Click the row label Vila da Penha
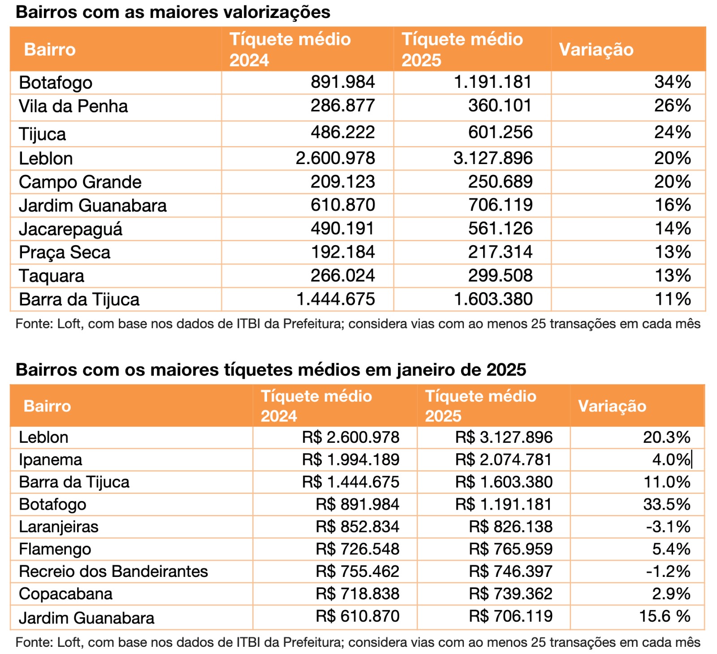point(73,106)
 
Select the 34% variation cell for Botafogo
point(672,82)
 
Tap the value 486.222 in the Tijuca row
point(343,132)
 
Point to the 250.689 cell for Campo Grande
point(500,182)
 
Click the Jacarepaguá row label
point(70,229)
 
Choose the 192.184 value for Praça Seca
point(343,252)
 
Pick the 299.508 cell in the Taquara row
point(500,276)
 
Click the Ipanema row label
point(51,460)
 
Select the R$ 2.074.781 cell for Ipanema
point(504,460)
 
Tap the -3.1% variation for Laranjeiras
point(668,527)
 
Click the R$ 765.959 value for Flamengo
point(511,549)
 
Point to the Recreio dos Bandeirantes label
point(113,572)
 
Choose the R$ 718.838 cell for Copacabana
point(357,594)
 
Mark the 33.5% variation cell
point(666,504)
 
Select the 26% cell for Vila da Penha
point(672,106)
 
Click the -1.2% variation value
point(668,572)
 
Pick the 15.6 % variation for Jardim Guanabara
point(665,616)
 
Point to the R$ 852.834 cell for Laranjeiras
point(357,527)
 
